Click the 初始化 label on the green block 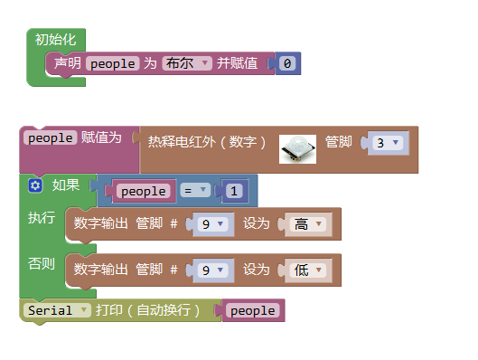click(56, 39)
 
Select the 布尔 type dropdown click(187, 63)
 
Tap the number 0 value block click(286, 63)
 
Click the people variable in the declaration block click(112, 63)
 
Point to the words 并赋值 click(237, 63)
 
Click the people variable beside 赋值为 click(50, 137)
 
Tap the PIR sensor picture click(297, 147)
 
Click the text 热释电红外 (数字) click(207, 142)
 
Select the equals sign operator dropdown click(195, 191)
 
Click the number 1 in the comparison click(233, 191)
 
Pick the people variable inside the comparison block click(144, 191)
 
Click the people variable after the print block click(253, 310)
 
